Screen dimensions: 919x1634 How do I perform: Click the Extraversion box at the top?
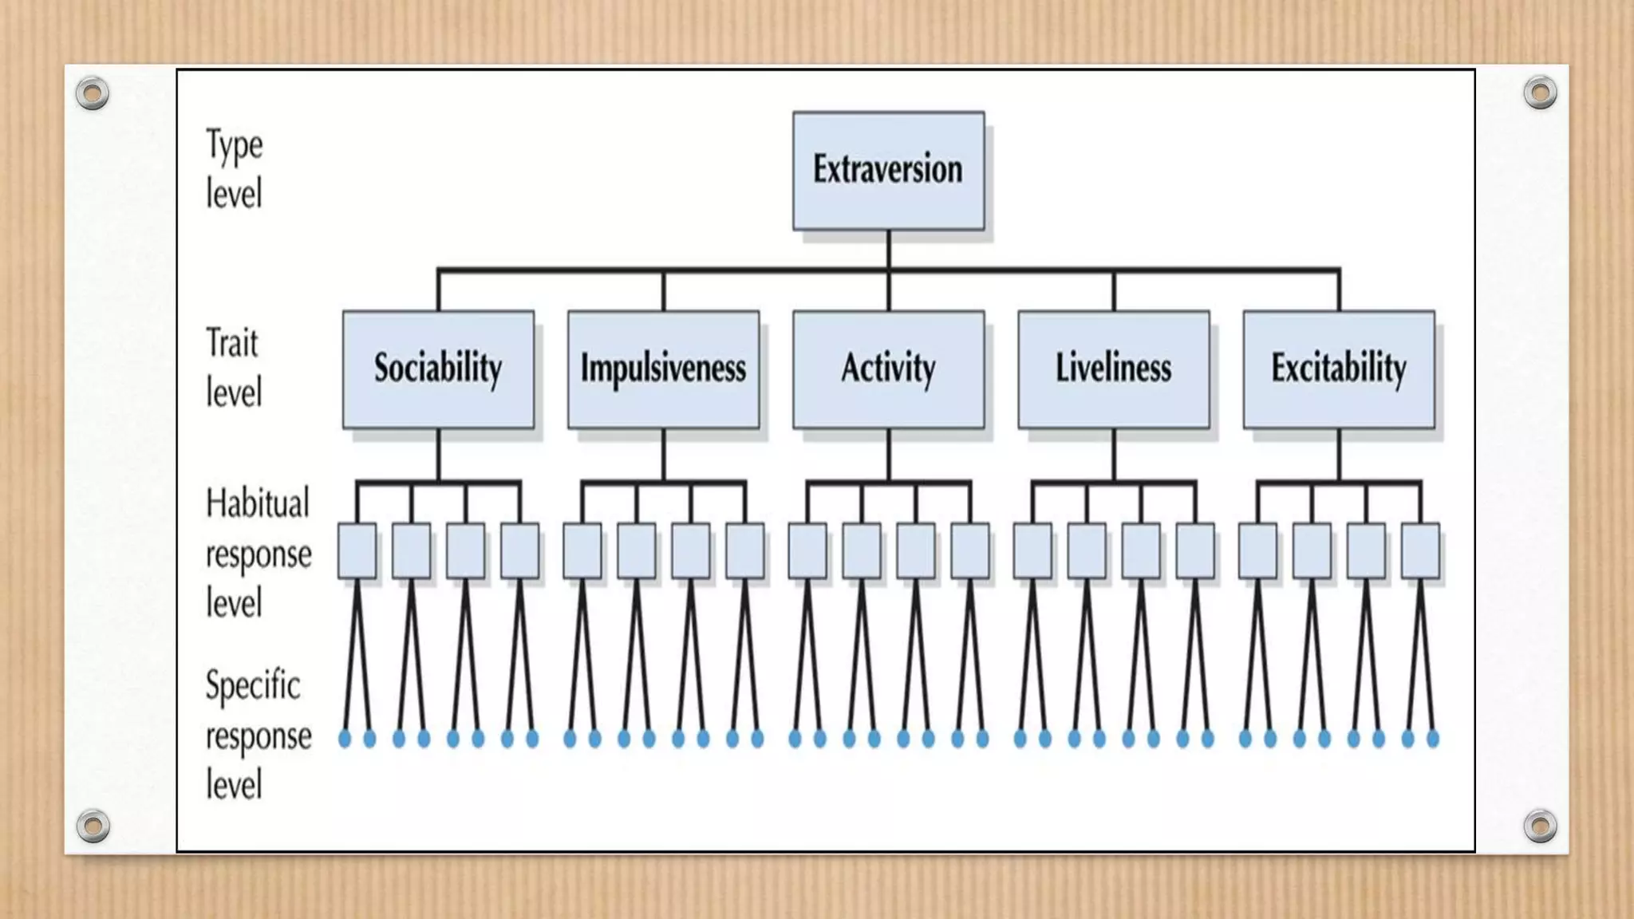[x=888, y=171]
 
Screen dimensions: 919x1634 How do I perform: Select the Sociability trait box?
[x=438, y=369]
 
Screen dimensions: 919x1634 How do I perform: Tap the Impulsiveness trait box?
[x=663, y=369]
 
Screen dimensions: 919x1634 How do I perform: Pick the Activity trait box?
[x=888, y=369]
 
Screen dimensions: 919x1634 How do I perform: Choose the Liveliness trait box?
[x=1113, y=369]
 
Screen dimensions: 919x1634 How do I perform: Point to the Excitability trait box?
[x=1338, y=369]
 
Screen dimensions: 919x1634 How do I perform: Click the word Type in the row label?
[x=234, y=146]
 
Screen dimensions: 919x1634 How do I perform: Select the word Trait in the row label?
[x=232, y=344]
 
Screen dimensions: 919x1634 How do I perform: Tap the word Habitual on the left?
[x=257, y=504]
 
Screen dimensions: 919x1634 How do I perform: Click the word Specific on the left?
[x=253, y=686]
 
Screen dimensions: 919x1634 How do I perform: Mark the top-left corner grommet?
[x=93, y=93]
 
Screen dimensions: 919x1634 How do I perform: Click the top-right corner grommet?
[x=1540, y=93]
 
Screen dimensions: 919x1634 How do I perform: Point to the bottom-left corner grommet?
[x=93, y=826]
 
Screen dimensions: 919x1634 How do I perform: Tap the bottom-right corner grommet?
[x=1540, y=826]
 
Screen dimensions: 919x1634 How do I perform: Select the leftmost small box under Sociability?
[x=357, y=550]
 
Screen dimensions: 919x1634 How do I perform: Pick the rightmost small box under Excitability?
[x=1420, y=550]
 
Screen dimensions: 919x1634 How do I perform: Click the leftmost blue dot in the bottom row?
[x=345, y=739]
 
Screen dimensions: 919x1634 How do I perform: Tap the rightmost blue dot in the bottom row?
[x=1433, y=739]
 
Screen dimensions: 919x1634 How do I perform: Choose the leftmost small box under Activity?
[x=807, y=550]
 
